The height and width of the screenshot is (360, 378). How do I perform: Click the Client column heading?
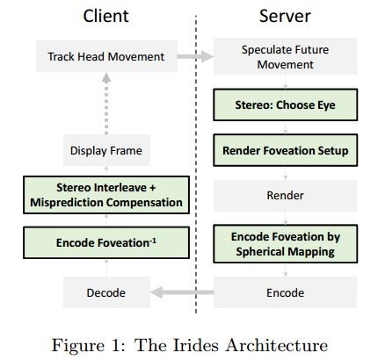click(x=106, y=16)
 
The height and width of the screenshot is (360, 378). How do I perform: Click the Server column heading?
click(x=285, y=16)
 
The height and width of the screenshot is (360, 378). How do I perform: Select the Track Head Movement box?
click(x=106, y=57)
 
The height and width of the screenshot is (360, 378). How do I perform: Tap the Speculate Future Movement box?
click(x=284, y=57)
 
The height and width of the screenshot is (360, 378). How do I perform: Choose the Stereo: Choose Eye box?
click(x=284, y=108)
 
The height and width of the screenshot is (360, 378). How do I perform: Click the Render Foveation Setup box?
click(x=284, y=151)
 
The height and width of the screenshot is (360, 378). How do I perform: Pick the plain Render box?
click(x=284, y=195)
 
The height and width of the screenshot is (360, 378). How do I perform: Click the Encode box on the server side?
click(x=284, y=292)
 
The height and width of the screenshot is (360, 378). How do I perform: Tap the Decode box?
click(x=106, y=292)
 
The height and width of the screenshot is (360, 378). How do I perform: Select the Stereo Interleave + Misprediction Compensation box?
click(x=106, y=195)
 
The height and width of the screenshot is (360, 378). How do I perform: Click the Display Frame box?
click(x=106, y=151)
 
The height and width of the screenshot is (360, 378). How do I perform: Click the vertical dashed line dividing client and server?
click(x=195, y=176)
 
